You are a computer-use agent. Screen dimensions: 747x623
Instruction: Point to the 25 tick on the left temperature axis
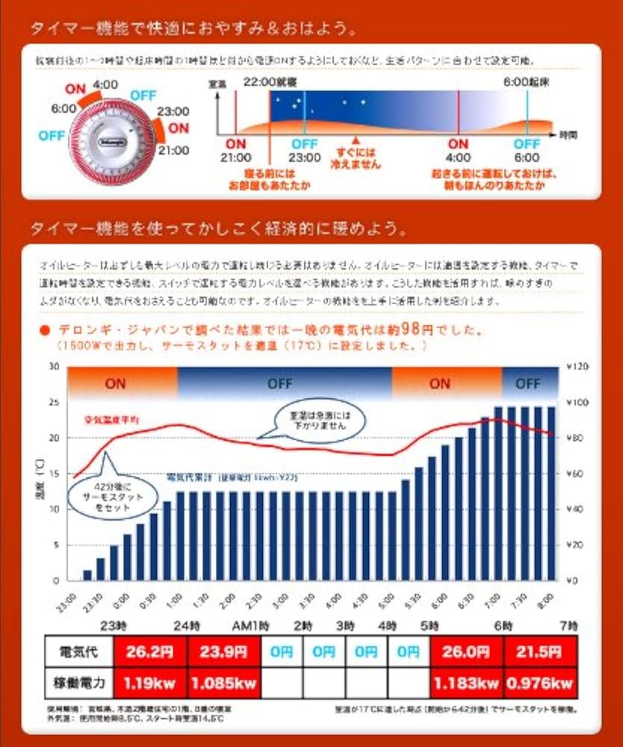point(53,402)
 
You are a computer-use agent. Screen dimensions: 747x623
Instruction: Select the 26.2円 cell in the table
point(149,651)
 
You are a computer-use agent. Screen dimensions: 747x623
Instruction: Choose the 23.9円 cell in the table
point(225,651)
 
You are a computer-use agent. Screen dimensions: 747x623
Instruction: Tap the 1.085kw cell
point(225,684)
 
